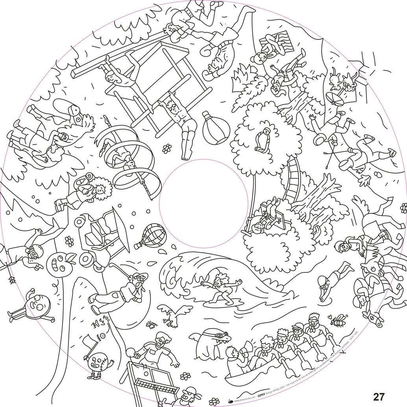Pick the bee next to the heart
[x=338, y=321]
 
